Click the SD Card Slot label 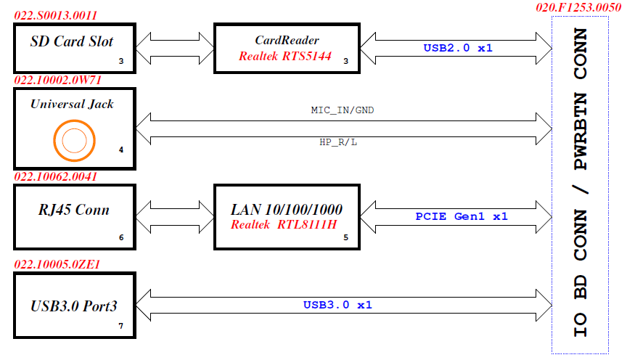point(72,41)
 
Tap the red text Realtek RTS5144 point(285,55)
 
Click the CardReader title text point(287,40)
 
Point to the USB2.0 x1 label point(458,48)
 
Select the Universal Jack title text point(72,104)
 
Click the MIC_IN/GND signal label point(343,110)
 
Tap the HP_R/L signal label point(338,142)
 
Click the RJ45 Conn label point(73,210)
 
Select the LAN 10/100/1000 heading point(287,210)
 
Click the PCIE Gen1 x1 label point(462,216)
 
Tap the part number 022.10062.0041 point(56,176)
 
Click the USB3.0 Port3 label point(73,306)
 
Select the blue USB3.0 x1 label point(337,305)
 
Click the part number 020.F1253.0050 point(579,7)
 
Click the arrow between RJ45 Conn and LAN point(174,216)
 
